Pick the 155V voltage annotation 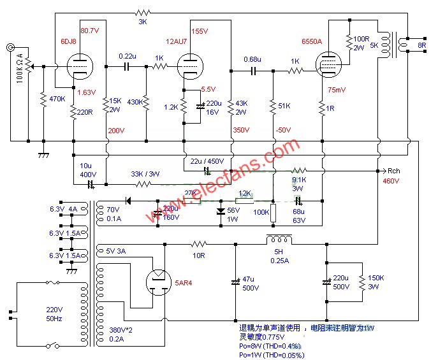tap(200, 31)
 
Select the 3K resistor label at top tap(142, 22)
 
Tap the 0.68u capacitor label tap(253, 60)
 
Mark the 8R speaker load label tap(421, 45)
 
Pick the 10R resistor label tap(199, 255)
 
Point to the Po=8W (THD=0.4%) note tap(270, 346)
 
